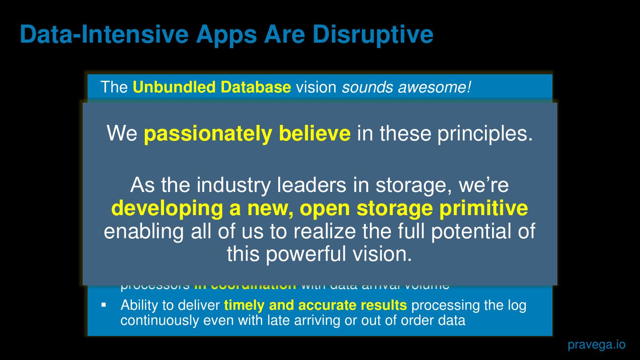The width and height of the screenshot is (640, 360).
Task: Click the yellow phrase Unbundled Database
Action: point(212,87)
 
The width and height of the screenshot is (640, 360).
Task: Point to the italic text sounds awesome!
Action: point(406,87)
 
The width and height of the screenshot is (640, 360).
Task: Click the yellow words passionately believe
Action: point(247,134)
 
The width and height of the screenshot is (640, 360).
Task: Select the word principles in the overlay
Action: point(484,134)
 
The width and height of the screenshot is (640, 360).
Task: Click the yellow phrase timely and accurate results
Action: point(315,305)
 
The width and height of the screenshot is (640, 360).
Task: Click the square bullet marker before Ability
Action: point(104,305)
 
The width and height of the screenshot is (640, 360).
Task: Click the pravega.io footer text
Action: point(596,344)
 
